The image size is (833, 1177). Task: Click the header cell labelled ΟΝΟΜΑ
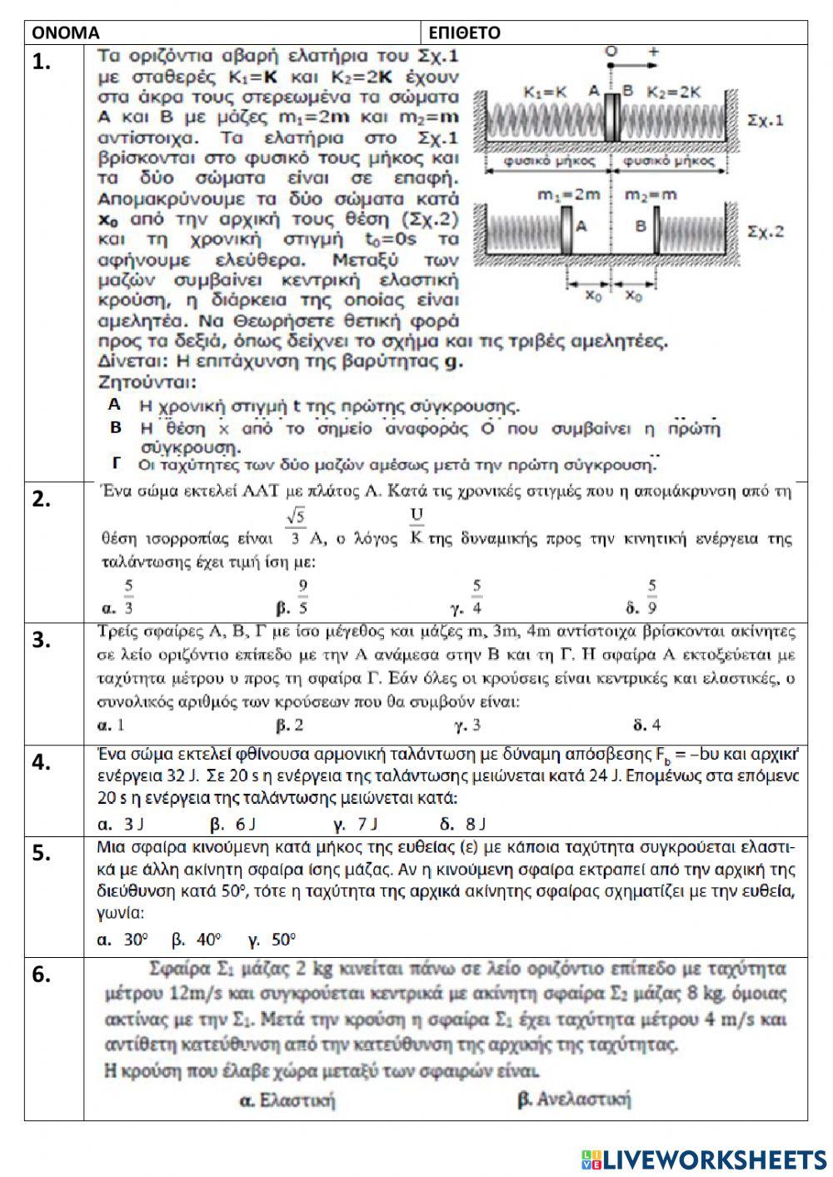[65, 32]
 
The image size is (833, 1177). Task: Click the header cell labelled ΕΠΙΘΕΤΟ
[463, 32]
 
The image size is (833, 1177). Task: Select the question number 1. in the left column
[43, 62]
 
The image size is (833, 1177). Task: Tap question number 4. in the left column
[42, 762]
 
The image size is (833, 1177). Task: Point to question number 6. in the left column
[42, 975]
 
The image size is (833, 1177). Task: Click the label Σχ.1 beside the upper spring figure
[766, 120]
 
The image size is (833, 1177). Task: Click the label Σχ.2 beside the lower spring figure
[766, 231]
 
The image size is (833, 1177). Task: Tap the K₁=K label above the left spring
[546, 92]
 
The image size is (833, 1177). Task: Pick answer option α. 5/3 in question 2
[117, 598]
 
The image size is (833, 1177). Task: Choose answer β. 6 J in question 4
[232, 825]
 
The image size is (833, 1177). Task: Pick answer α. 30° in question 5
[122, 940]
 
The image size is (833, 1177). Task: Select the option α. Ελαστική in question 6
[287, 1100]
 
